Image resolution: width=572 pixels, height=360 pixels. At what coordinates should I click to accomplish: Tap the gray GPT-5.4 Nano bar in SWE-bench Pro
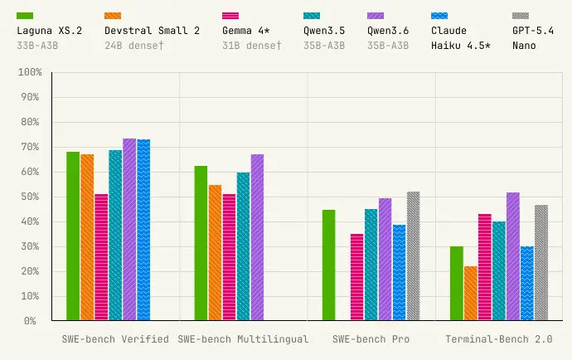pos(413,256)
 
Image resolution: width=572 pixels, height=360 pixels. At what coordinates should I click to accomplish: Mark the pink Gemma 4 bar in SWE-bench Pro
pos(356,277)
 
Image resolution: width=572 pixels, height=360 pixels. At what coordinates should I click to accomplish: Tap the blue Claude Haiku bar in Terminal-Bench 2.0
pos(527,284)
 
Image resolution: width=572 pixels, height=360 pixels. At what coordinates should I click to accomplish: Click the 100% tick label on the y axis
pos(30,73)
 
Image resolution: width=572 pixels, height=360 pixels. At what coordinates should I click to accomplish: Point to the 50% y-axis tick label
pos(30,197)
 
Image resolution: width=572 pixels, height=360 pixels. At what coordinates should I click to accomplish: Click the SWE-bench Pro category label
pos(371,339)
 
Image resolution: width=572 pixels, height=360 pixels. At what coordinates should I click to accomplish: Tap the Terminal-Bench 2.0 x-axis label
pos(498,339)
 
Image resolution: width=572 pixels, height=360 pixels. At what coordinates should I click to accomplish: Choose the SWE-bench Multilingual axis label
pos(243,339)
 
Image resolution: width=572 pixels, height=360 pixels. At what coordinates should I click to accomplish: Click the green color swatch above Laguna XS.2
pos(25,15)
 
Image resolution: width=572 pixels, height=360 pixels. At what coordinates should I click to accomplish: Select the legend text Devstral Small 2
pos(152,31)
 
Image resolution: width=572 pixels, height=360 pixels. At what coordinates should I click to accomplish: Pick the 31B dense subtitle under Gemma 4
pos(252,45)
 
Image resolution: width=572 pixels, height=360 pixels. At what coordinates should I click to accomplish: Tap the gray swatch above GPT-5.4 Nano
pos(521,15)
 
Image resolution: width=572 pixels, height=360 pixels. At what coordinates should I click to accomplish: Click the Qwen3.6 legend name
pos(388,31)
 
